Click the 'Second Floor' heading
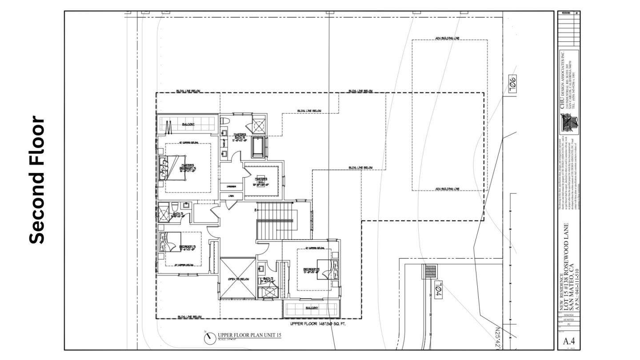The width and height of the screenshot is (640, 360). (37, 180)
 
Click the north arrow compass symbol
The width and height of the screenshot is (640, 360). (209, 338)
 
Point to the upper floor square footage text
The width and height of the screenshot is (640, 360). (318, 324)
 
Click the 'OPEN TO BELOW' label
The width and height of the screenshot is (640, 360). (238, 279)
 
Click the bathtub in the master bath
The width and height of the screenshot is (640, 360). (258, 147)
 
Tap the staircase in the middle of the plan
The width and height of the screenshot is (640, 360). (276, 221)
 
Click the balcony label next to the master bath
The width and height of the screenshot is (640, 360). (188, 124)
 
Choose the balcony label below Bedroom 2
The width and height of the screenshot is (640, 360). (312, 308)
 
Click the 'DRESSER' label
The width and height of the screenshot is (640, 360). (231, 186)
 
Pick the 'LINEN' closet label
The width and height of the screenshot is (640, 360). (231, 196)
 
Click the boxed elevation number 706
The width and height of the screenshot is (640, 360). (512, 83)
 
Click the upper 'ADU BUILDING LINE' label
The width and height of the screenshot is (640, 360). (447, 39)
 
